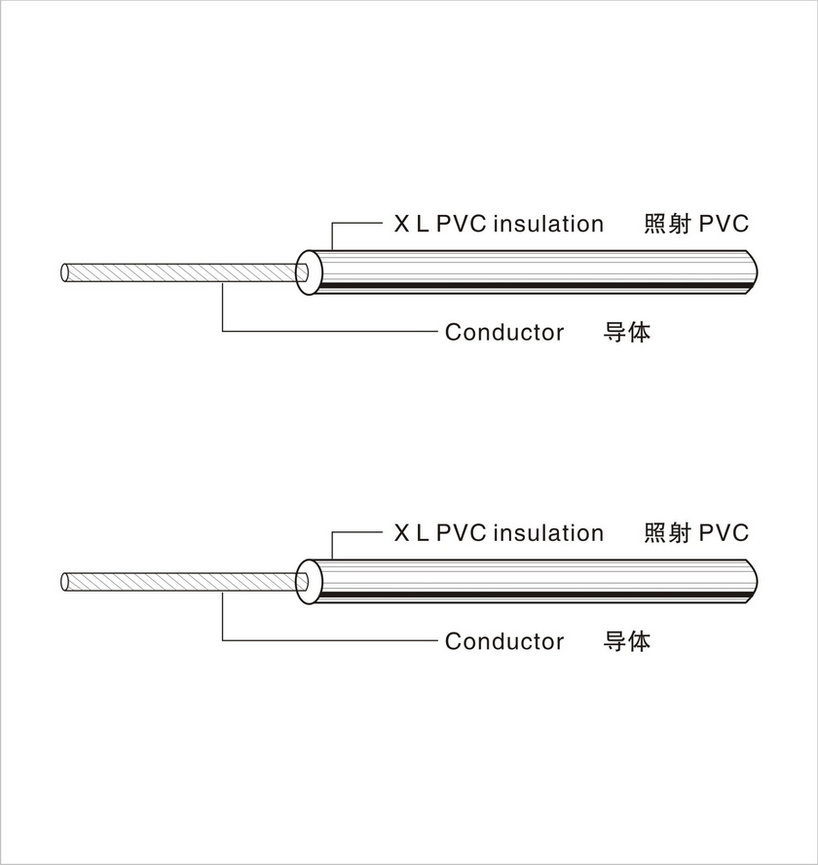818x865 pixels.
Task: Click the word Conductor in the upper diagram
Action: [503, 333]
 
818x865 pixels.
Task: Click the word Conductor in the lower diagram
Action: [503, 642]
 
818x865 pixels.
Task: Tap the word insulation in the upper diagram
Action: [548, 225]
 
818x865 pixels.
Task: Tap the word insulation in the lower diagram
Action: [548, 533]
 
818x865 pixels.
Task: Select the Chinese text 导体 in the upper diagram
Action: [627, 332]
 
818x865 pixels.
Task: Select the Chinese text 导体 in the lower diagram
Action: [627, 641]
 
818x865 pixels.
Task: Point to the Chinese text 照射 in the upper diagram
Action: [668, 224]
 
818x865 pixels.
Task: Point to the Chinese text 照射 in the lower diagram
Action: [668, 533]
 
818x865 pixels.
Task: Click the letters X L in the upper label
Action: [410, 225]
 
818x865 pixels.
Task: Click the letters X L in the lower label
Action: [410, 533]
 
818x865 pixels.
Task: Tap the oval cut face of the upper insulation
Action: [308, 270]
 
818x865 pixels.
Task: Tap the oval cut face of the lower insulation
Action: [308, 580]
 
